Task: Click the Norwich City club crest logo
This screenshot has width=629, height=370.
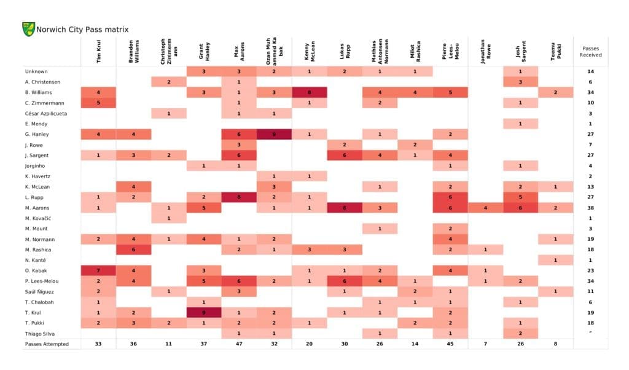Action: click(28, 29)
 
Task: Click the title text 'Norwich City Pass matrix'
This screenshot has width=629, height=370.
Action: click(82, 30)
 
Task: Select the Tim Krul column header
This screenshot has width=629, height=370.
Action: click(98, 52)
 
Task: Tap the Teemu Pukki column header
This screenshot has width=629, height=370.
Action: click(556, 52)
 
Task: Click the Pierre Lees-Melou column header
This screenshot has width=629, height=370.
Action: click(450, 52)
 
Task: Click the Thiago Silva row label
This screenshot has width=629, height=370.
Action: click(40, 333)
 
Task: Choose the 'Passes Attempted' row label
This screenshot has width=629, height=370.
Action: click(47, 344)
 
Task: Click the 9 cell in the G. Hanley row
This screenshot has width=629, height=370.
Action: click(274, 135)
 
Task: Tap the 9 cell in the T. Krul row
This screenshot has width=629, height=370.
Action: click(204, 312)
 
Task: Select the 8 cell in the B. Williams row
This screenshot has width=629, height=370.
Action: click(309, 93)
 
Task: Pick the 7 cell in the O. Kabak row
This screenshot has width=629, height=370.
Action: click(98, 270)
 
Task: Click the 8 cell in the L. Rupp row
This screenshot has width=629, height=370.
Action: click(239, 197)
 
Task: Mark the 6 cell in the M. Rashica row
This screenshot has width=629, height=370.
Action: click(133, 250)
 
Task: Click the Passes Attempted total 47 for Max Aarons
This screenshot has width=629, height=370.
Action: click(239, 344)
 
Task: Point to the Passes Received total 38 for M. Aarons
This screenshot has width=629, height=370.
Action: click(590, 208)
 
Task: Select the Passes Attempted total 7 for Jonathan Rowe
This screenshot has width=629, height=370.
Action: click(485, 344)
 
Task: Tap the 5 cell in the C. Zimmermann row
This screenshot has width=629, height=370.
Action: click(98, 103)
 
